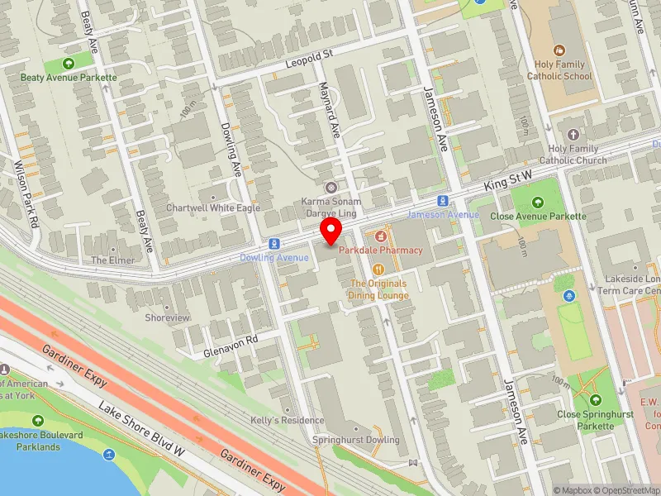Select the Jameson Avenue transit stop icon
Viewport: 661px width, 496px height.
click(x=444, y=201)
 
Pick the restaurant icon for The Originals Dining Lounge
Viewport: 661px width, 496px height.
click(x=378, y=269)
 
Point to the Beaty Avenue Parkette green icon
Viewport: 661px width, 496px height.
click(x=69, y=62)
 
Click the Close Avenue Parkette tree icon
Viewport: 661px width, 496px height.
click(x=538, y=202)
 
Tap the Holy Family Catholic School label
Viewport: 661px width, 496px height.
click(x=560, y=70)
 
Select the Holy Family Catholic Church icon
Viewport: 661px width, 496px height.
click(x=573, y=134)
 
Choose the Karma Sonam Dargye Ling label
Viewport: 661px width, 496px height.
click(x=330, y=208)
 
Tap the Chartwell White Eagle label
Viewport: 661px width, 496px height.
click(x=213, y=208)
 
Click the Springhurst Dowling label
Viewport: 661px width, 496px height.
click(x=355, y=440)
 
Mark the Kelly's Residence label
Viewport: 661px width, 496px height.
click(x=288, y=420)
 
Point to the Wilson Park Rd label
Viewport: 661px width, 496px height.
click(x=26, y=193)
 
